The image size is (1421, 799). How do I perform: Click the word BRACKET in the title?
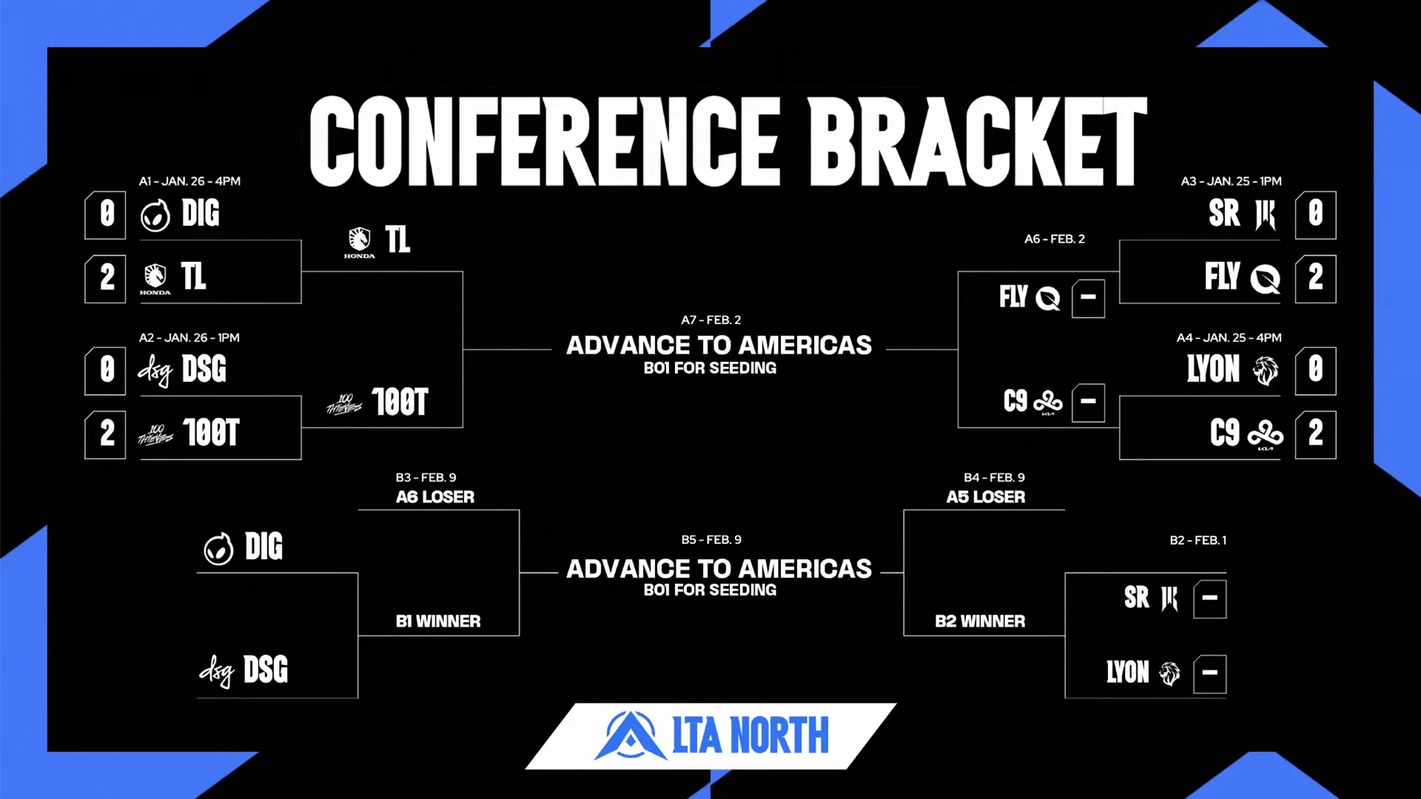coord(977,141)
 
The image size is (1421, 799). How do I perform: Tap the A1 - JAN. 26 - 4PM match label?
coord(189,181)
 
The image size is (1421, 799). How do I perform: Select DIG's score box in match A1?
coord(106,215)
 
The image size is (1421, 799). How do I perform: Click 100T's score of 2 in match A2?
coord(106,434)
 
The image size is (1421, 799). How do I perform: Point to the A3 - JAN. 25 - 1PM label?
coord(1231,181)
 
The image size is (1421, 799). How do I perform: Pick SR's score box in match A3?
coord(1315,215)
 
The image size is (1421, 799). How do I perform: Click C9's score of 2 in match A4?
coord(1315,434)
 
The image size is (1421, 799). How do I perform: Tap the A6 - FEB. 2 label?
coord(1054,239)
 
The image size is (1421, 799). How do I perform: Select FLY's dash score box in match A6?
coord(1088,298)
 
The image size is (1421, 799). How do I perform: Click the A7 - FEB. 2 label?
coord(710,320)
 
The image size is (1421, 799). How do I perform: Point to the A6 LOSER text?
coord(435,497)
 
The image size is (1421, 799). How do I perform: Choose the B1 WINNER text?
coord(438,621)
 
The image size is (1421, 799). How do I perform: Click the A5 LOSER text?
coord(986,497)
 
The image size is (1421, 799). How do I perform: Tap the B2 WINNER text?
coord(980,621)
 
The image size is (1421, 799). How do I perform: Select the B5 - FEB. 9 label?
coord(711,540)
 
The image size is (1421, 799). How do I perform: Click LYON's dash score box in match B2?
coord(1209,674)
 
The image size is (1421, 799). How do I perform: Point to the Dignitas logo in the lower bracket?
coord(218,549)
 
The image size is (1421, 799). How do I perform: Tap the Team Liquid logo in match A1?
coord(155,278)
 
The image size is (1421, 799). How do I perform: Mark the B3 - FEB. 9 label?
coord(426,478)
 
